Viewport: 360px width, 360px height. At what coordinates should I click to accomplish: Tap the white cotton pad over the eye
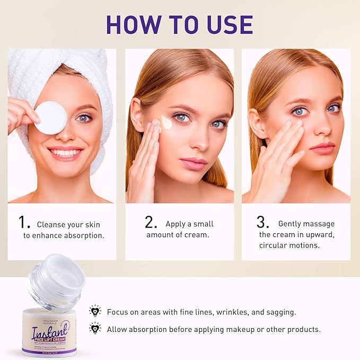pyautogui.click(x=51, y=117)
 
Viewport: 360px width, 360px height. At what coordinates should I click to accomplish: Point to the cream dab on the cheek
pyautogui.click(x=166, y=122)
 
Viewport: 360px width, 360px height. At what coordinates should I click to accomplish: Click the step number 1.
pyautogui.click(x=23, y=223)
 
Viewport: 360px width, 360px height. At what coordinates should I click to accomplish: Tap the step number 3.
pyautogui.click(x=264, y=223)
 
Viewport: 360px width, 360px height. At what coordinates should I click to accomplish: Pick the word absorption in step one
pyautogui.click(x=82, y=235)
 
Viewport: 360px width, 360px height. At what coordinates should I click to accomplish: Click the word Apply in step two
pyautogui.click(x=175, y=224)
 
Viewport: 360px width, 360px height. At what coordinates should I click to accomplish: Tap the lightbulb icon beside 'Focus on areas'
pyautogui.click(x=95, y=311)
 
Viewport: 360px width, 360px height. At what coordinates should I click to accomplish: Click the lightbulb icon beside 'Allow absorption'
pyautogui.click(x=95, y=328)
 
